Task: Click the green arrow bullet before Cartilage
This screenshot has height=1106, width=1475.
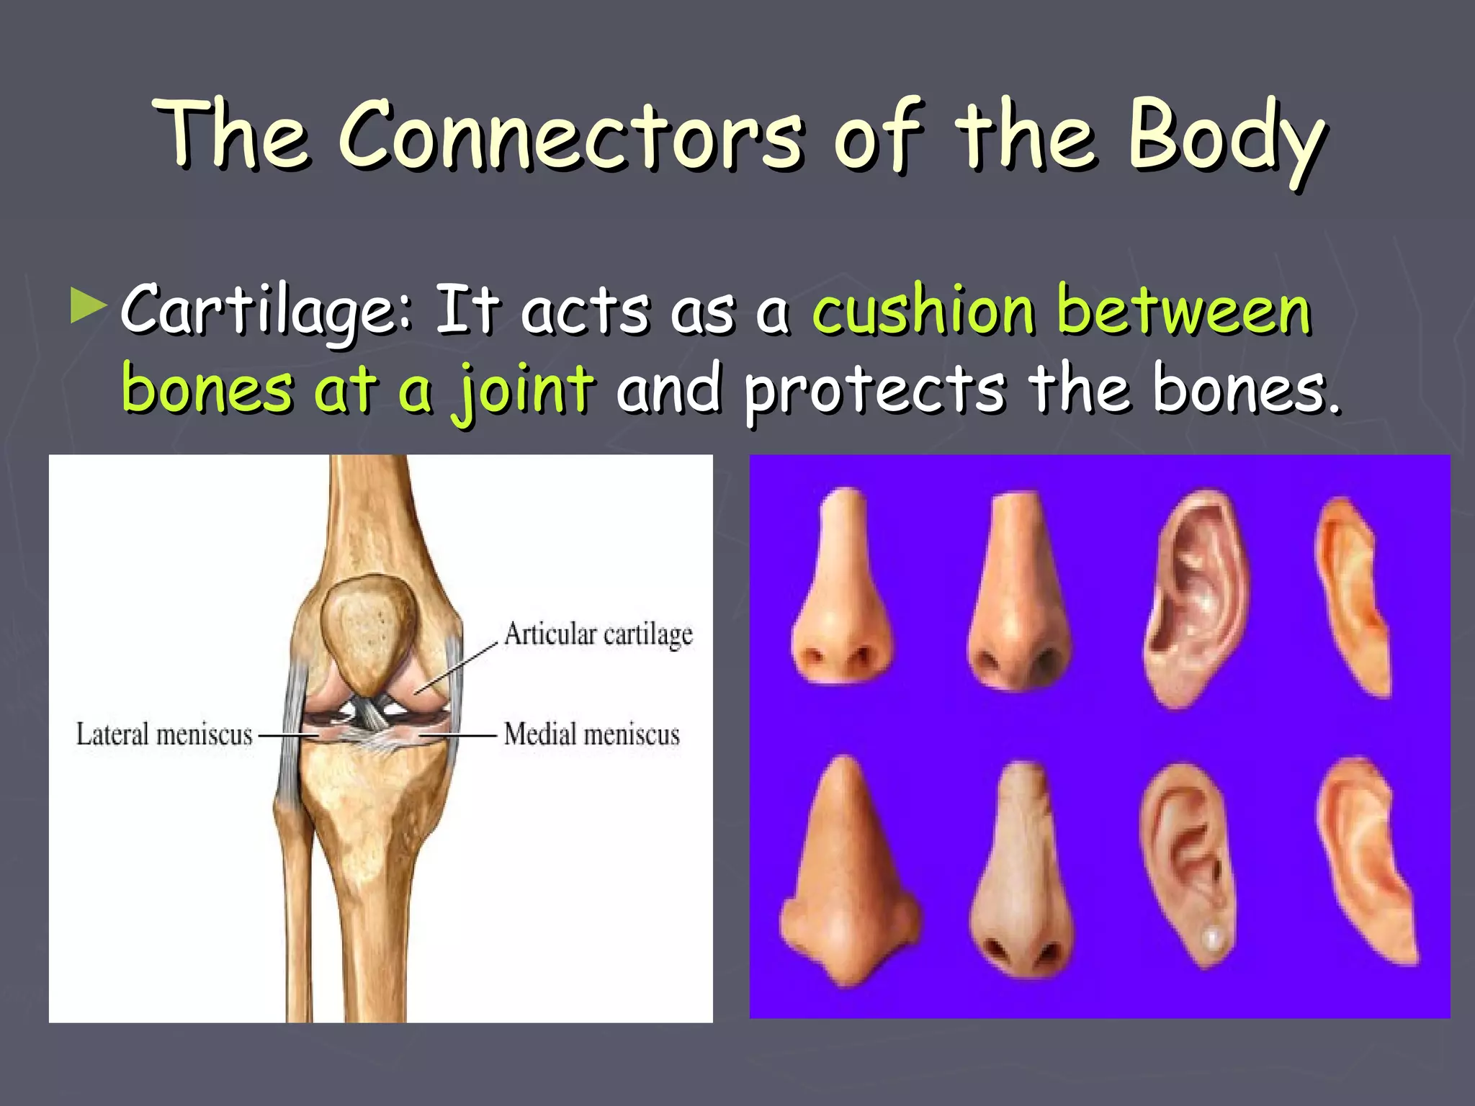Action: tap(89, 306)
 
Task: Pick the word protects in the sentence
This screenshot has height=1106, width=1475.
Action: tap(874, 390)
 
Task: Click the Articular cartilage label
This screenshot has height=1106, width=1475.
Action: tap(598, 634)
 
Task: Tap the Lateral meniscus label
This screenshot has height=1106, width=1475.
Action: tap(164, 734)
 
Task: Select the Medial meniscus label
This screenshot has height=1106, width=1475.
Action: tap(591, 734)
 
